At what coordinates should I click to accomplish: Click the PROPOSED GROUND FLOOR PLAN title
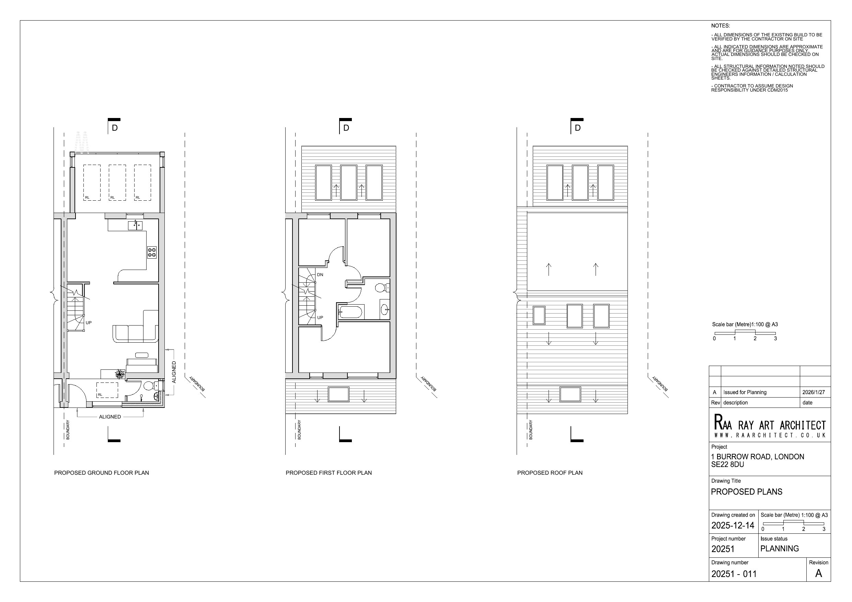[101, 473]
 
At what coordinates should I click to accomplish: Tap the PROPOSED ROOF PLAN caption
[550, 473]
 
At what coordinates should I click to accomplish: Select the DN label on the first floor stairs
[320, 275]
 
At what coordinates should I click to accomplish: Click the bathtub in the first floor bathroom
[350, 312]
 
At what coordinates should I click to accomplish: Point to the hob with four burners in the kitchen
[152, 252]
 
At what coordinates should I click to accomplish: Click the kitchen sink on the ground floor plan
[135, 225]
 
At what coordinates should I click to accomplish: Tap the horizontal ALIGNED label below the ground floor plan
[110, 416]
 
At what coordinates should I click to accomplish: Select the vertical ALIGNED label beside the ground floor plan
[174, 372]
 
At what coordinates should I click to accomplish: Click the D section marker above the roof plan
[577, 128]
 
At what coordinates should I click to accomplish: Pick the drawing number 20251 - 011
[734, 574]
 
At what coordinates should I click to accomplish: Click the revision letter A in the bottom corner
[818, 574]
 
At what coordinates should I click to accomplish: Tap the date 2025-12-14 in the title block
[733, 525]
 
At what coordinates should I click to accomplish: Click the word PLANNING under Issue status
[779, 548]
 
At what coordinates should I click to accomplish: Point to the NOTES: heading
[720, 26]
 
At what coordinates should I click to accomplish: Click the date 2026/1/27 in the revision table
[814, 392]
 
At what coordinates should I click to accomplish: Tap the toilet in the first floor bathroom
[380, 288]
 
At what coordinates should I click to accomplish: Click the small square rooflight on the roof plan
[539, 315]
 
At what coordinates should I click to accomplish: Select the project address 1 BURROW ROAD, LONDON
[757, 457]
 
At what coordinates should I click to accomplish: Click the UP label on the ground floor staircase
[89, 323]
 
